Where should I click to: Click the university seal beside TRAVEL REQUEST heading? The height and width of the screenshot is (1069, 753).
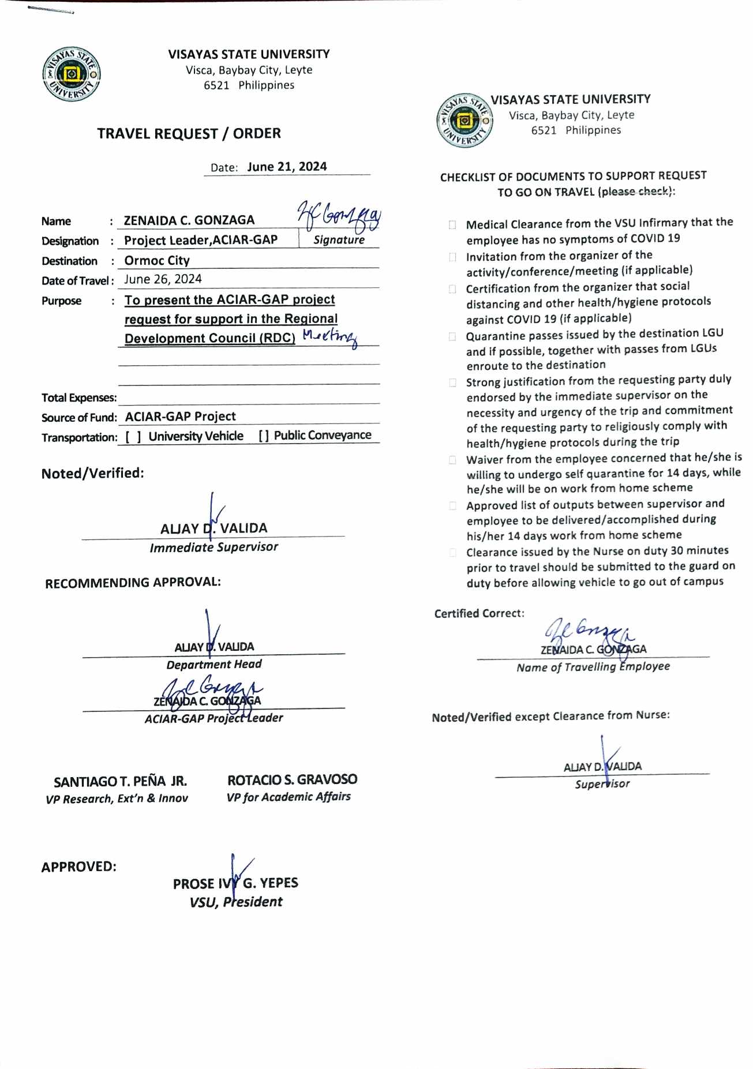[72, 74]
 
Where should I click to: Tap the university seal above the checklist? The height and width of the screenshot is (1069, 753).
[464, 120]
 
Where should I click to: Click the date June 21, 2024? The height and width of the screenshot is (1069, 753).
[287, 167]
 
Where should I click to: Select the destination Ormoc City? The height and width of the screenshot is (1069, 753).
[157, 261]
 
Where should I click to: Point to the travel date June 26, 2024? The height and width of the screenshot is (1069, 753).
[163, 280]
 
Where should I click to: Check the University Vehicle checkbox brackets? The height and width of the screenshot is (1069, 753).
[133, 437]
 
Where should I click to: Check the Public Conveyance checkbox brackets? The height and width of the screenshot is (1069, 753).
[264, 436]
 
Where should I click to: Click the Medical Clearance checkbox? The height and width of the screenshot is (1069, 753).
[452, 225]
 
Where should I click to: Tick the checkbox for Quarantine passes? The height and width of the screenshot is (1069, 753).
[452, 336]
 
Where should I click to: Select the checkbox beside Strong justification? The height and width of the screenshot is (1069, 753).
[452, 382]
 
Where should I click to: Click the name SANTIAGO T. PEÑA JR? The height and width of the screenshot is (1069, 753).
[120, 782]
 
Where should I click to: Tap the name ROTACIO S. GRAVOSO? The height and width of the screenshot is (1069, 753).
[292, 780]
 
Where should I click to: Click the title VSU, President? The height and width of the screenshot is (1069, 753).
[236, 902]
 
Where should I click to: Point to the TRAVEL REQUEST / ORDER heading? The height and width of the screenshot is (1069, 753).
[189, 134]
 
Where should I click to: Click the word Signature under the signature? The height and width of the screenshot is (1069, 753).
[339, 240]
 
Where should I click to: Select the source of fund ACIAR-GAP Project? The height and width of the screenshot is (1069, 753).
[180, 417]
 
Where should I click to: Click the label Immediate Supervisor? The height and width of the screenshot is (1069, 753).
[213, 547]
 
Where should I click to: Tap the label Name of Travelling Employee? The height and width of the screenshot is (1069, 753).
[593, 667]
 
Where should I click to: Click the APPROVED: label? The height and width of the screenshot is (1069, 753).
[78, 867]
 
